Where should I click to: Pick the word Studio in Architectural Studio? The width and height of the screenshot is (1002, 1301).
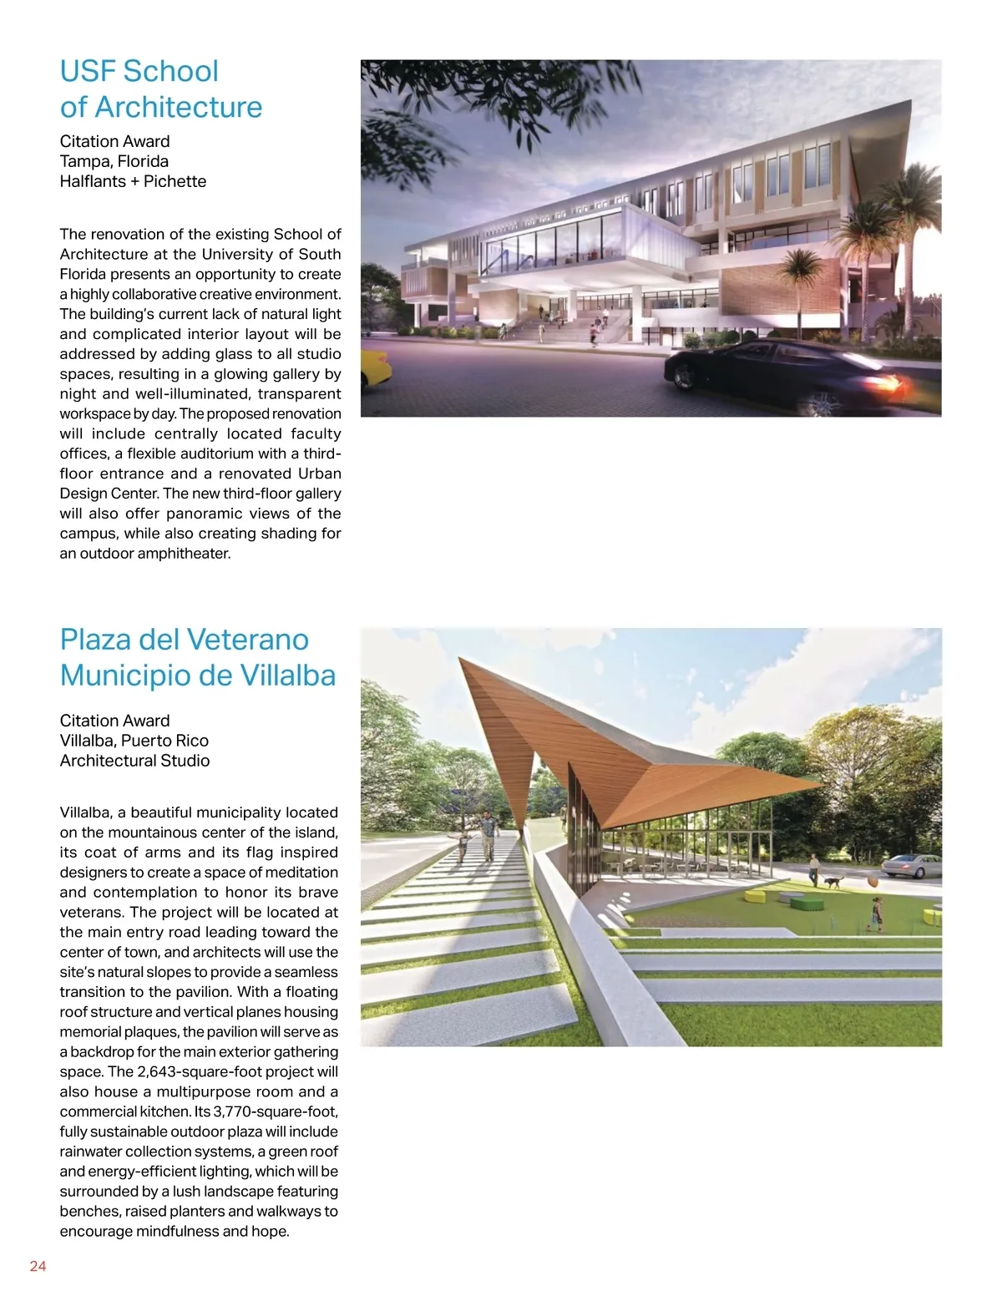click(186, 761)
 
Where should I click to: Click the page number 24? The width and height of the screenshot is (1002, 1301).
click(38, 1266)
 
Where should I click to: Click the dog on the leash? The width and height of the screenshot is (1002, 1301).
click(832, 882)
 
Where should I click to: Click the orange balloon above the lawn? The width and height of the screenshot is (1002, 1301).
click(872, 882)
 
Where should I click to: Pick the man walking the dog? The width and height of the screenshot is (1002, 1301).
click(814, 870)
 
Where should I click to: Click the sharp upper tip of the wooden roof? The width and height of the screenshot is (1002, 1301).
click(463, 661)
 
